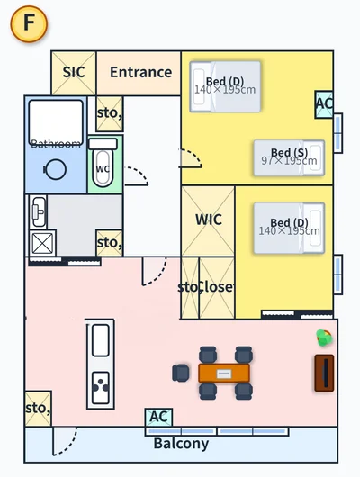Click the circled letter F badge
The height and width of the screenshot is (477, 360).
tap(29, 23)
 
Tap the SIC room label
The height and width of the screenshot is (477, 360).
tap(74, 72)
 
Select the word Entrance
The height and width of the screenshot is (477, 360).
tap(141, 72)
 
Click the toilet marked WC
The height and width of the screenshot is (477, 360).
tap(103, 164)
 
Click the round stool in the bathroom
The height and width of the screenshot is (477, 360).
tap(55, 169)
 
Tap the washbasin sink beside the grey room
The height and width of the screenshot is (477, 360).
tap(39, 212)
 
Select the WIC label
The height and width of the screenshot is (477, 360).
tap(209, 220)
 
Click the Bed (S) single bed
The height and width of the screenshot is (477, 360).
tap(289, 157)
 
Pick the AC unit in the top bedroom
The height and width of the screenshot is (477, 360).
tap(324, 104)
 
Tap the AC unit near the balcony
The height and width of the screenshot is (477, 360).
tap(158, 417)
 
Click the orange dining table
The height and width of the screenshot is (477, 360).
tap(224, 373)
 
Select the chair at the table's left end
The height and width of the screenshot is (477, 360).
tap(181, 373)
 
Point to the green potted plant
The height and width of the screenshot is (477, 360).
tap(324, 337)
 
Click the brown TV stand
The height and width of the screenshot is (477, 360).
tap(324, 373)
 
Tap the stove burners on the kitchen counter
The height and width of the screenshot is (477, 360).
tap(101, 388)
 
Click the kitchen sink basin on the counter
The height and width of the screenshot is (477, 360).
tap(101, 340)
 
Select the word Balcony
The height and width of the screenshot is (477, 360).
tap(181, 444)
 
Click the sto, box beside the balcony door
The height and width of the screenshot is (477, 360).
tap(38, 409)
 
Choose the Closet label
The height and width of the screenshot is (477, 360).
tap(217, 286)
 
